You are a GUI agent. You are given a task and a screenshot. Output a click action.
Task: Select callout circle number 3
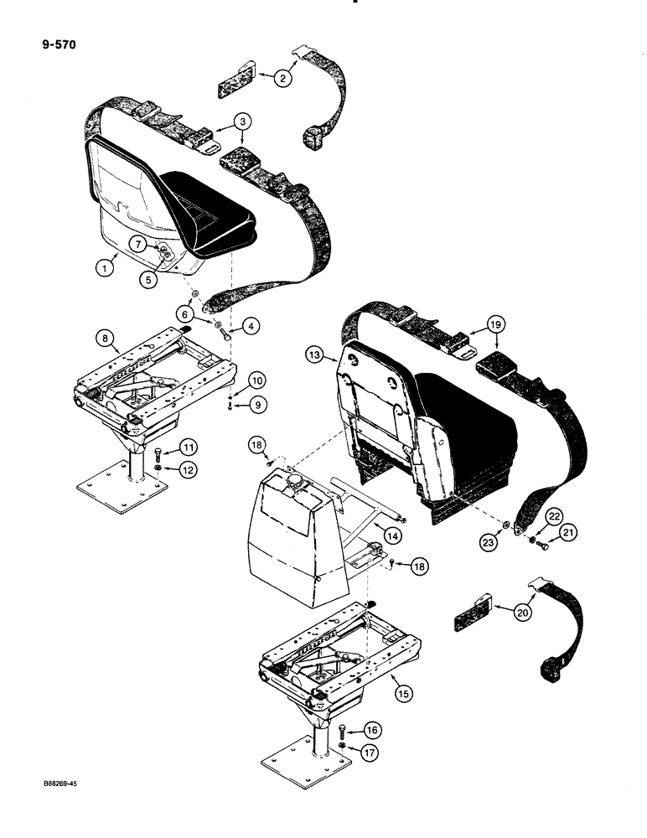243,122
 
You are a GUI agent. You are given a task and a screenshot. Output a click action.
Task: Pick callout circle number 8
106,339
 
